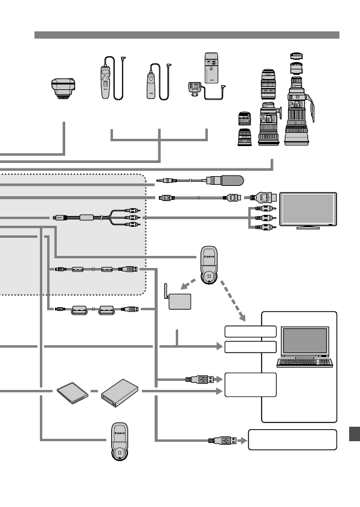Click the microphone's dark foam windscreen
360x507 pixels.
(231, 180)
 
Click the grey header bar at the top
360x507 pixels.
(187, 35)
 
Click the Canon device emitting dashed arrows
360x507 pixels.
(208, 265)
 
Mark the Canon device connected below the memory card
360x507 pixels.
(120, 442)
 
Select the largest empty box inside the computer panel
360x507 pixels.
(249, 384)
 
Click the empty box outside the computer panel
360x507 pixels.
(292, 439)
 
